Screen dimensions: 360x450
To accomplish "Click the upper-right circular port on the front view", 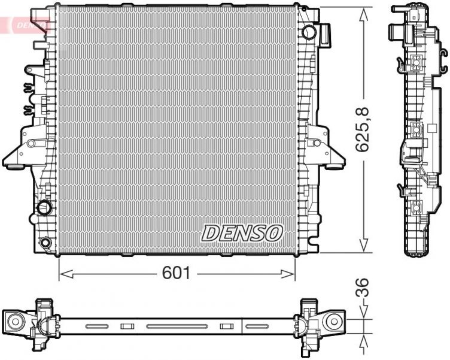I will (309, 31).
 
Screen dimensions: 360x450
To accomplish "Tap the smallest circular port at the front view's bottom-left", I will (45, 243).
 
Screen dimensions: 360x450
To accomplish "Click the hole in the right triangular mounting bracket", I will (315, 143).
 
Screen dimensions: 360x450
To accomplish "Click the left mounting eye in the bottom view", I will (14, 322).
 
